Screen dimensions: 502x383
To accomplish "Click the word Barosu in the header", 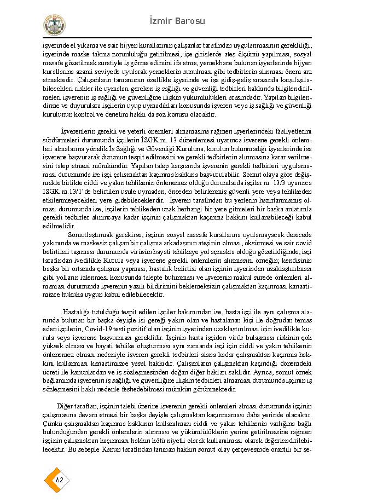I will click(189, 21).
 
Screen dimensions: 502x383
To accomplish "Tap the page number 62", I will click(60, 480).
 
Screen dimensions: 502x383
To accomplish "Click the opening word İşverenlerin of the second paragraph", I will click(79, 132).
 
